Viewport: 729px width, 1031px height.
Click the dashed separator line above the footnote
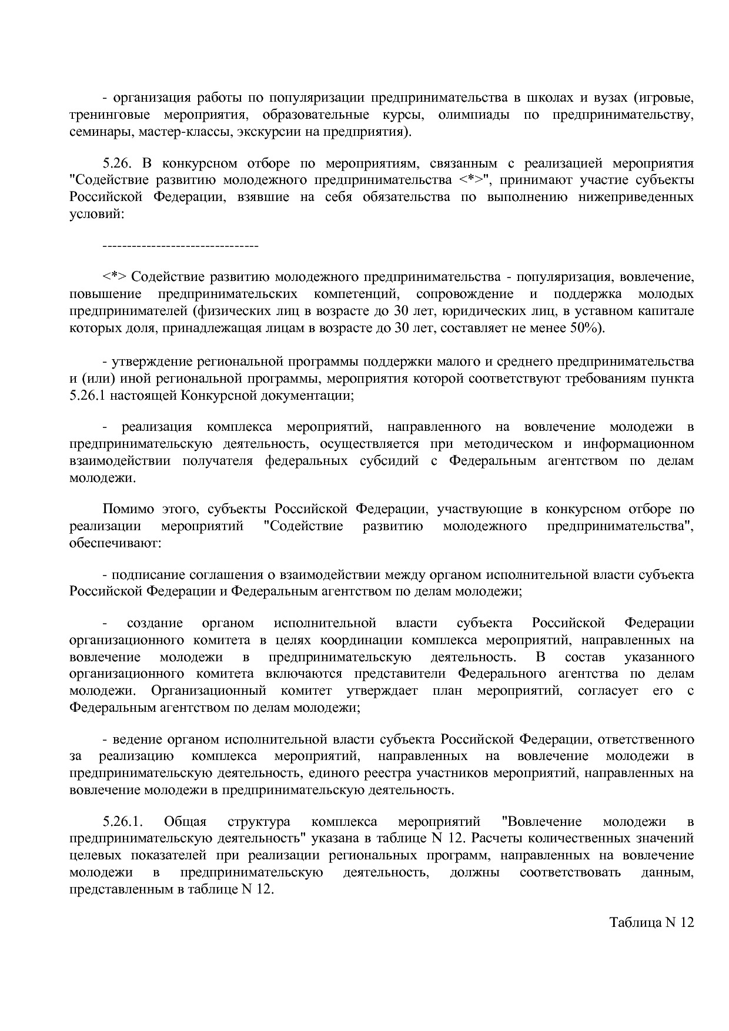pos(180,245)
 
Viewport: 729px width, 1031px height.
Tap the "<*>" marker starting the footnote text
pos(115,276)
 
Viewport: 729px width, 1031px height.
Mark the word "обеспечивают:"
pos(115,543)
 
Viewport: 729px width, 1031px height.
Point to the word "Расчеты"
pos(496,838)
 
